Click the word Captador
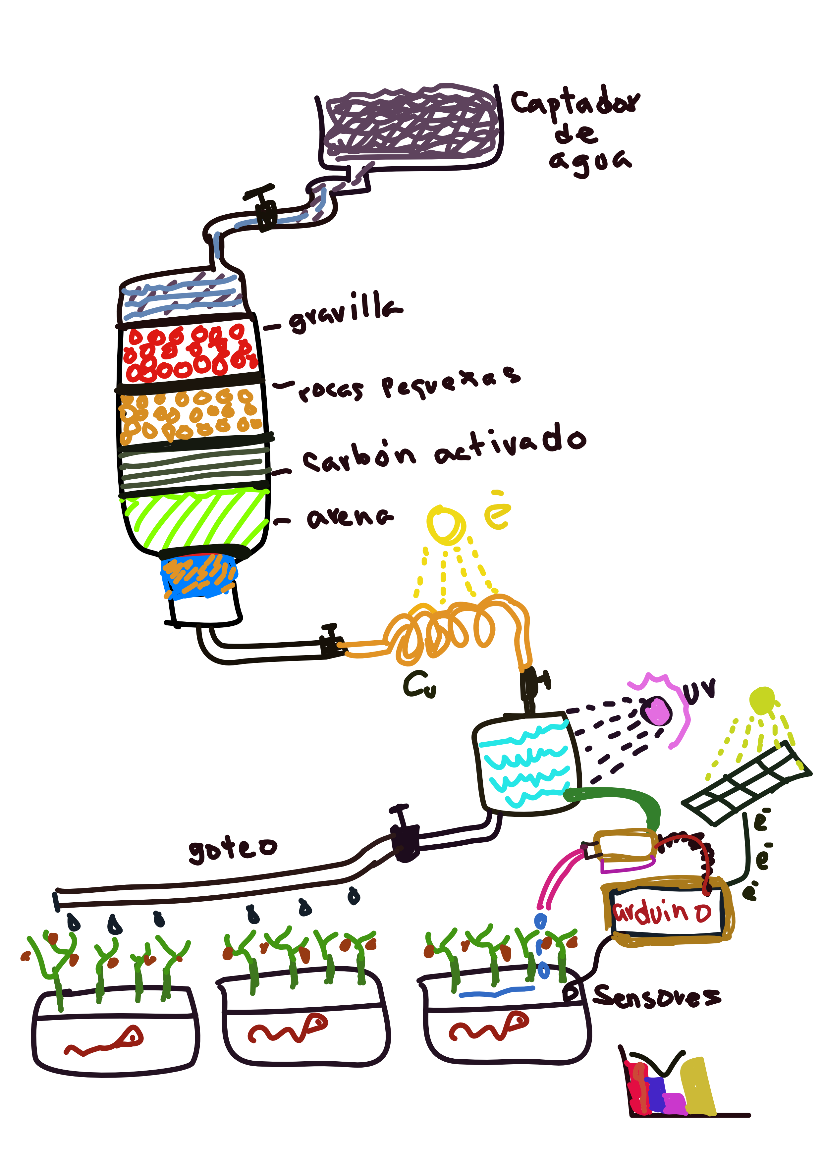[x=575, y=103]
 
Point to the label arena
[x=349, y=517]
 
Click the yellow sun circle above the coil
[x=445, y=524]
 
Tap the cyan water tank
[x=526, y=764]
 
